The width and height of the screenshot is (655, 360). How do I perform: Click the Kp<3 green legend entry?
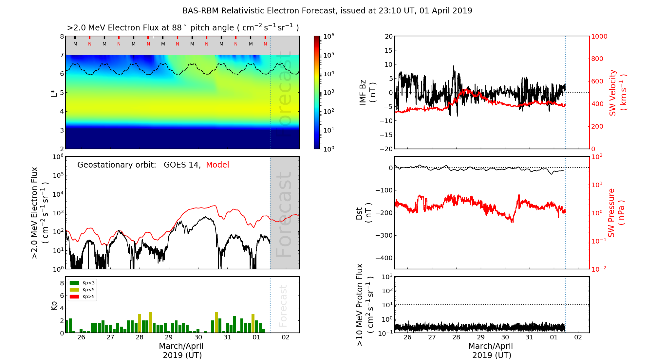point(82,283)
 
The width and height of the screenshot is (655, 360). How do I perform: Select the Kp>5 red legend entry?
point(82,297)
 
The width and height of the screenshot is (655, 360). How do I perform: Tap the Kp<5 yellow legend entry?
point(82,290)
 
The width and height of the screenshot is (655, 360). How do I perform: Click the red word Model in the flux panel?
point(217,165)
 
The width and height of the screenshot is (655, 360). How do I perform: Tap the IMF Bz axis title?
point(367,93)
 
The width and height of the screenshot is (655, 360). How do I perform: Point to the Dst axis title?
point(364,213)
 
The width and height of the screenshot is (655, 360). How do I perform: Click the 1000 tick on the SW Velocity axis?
point(599,36)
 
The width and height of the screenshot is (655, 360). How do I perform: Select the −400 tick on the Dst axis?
point(384,258)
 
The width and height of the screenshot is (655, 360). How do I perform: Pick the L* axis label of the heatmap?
point(54,93)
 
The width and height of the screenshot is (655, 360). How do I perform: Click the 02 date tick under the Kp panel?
point(286,337)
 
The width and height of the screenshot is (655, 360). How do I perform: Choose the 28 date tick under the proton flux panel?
point(456,337)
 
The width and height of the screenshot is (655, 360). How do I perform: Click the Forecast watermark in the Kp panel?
point(283,306)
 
